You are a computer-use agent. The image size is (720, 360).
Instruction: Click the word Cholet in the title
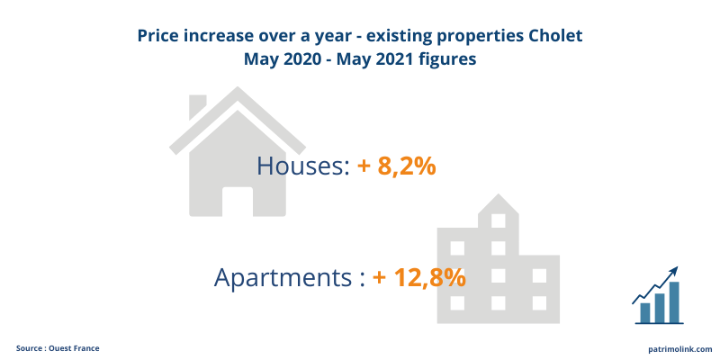(x=552, y=36)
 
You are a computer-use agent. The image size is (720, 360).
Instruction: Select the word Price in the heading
(x=159, y=36)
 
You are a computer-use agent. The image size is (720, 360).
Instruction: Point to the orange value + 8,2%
(x=397, y=166)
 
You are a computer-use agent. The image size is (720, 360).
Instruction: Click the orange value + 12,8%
(x=418, y=276)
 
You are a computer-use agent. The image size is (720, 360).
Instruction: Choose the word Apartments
(x=283, y=276)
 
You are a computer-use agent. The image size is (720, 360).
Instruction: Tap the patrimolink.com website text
(x=679, y=348)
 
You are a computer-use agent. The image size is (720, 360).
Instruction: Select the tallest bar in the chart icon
(x=674, y=301)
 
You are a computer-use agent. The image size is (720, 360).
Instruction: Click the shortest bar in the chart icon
(x=645, y=312)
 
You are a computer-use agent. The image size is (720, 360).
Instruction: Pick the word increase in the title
(x=220, y=36)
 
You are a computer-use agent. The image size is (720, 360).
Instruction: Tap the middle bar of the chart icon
(x=660, y=307)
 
